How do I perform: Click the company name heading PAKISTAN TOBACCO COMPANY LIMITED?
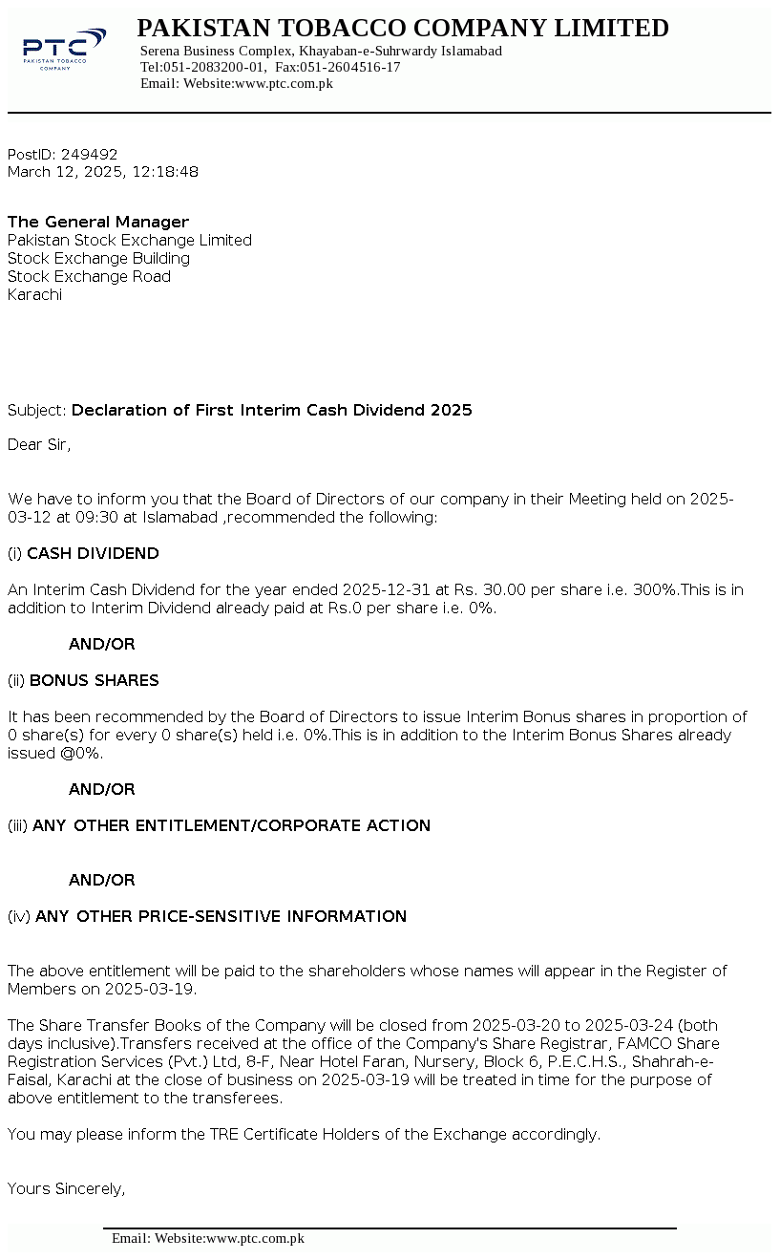click(402, 29)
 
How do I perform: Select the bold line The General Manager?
click(98, 222)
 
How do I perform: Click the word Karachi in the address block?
click(34, 294)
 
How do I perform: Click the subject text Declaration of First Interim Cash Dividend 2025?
click(271, 410)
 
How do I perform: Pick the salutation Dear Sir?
click(38, 444)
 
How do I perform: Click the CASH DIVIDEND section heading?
click(93, 553)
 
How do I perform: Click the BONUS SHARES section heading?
click(94, 680)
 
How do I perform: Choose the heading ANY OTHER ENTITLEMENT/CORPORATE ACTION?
click(231, 825)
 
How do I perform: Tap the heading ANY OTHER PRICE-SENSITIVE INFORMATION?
click(221, 916)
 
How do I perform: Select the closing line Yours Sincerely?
click(67, 1188)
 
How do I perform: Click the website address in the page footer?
click(255, 1238)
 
